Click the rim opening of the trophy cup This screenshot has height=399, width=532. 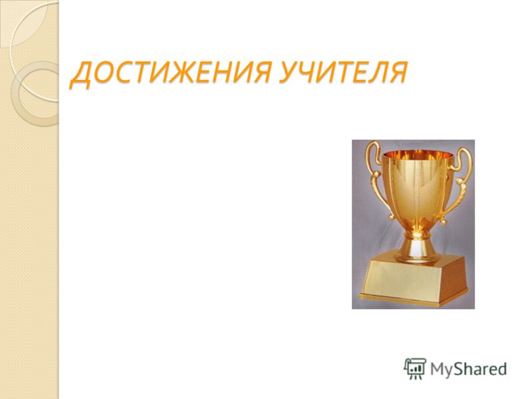tap(418, 155)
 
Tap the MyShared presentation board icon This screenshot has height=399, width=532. tap(415, 369)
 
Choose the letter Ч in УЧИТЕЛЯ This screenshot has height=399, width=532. tap(312, 72)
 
